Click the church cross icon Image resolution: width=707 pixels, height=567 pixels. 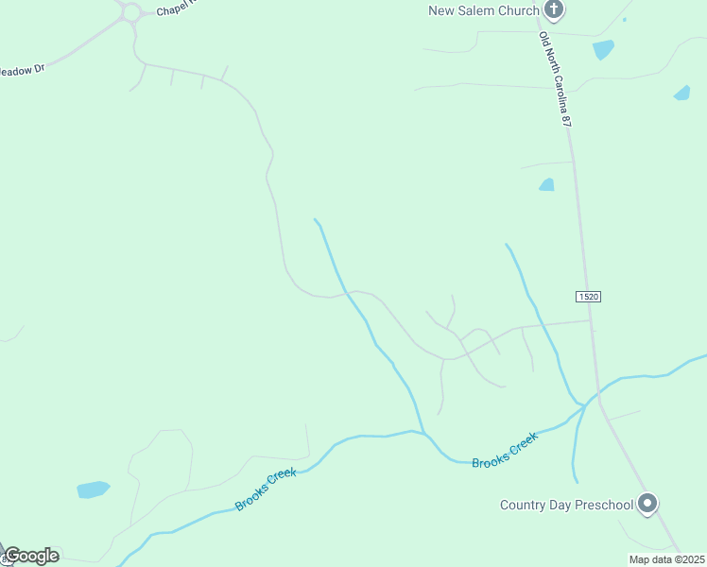(554, 10)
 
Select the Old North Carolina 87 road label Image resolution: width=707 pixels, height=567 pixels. (556, 79)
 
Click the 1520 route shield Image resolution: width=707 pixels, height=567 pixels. (588, 297)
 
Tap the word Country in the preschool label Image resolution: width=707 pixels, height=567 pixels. (523, 505)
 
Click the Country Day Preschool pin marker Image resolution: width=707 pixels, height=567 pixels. (647, 503)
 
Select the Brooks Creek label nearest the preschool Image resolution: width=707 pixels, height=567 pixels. (505, 450)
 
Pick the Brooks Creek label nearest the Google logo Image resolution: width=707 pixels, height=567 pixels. (267, 489)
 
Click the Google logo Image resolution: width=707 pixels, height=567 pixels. (31, 556)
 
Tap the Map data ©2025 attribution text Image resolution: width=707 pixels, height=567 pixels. (666, 559)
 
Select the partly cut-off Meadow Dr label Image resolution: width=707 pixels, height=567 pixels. (22, 70)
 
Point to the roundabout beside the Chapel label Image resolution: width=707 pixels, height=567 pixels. (130, 12)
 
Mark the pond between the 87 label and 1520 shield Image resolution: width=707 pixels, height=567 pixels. (546, 184)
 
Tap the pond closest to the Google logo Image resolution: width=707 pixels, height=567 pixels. (93, 490)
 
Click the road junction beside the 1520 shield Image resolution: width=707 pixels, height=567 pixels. (591, 320)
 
